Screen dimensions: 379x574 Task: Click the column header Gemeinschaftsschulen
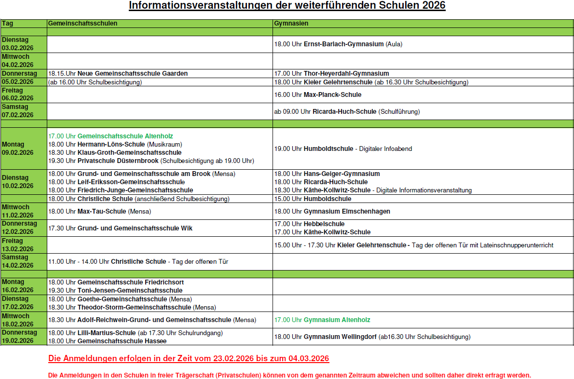click(x=82, y=23)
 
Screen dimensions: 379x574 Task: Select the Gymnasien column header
click(x=291, y=23)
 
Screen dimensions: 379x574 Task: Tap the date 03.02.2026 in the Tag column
click(x=17, y=48)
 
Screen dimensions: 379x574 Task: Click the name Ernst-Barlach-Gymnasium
click(x=343, y=44)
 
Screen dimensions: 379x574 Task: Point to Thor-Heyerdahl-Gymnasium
click(x=346, y=73)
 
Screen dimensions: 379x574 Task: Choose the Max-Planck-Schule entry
click(x=332, y=95)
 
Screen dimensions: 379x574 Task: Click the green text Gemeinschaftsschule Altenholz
click(x=125, y=136)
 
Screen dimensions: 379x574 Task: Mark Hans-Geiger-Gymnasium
click(x=342, y=174)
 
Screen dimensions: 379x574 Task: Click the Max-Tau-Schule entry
click(x=101, y=211)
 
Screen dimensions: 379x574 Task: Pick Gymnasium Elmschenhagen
click(x=347, y=211)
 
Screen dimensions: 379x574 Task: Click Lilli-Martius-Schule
click(x=107, y=333)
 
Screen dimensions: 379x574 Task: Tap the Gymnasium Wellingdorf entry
click(x=340, y=337)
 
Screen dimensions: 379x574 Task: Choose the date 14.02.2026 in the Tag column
click(x=17, y=265)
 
